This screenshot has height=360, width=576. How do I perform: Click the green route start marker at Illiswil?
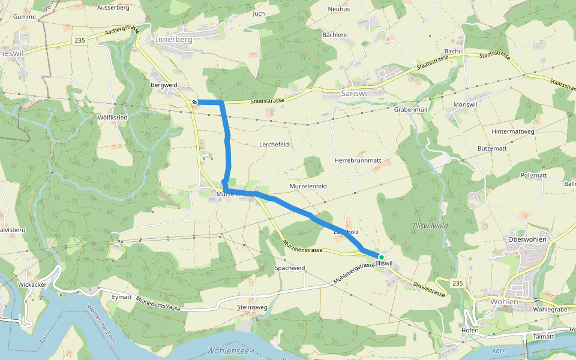381,257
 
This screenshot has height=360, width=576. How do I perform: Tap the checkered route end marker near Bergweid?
194,102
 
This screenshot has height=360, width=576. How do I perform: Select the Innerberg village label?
173,40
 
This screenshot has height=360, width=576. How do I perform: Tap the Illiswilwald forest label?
431,226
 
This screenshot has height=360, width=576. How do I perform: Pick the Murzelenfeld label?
308,187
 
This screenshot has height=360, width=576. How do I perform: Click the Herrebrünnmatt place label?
358,161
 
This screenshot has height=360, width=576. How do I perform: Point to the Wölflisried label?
112,118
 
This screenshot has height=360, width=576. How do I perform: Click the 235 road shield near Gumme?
80,40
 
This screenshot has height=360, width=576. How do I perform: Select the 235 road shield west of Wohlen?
458,283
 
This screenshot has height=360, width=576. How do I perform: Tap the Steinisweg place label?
251,308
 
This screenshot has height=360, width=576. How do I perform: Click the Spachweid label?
290,268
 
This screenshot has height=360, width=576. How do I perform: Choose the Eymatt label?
122,296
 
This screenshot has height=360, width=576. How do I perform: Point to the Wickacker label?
32,284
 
